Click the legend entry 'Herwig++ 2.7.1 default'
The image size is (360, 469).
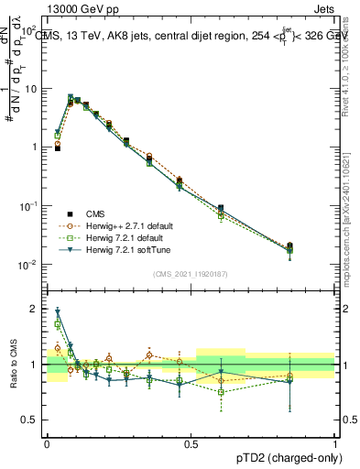127,225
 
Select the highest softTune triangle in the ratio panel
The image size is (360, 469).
58,311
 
